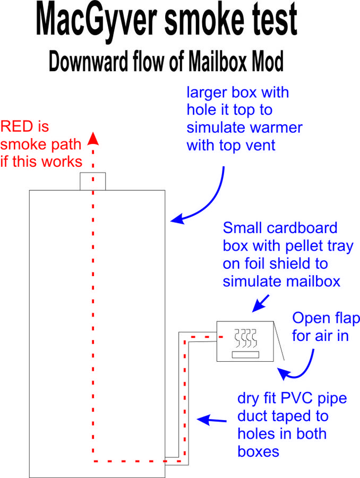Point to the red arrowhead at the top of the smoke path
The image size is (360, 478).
click(x=93, y=138)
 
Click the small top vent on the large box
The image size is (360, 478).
click(x=93, y=181)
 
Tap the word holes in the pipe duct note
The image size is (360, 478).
click(x=255, y=433)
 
